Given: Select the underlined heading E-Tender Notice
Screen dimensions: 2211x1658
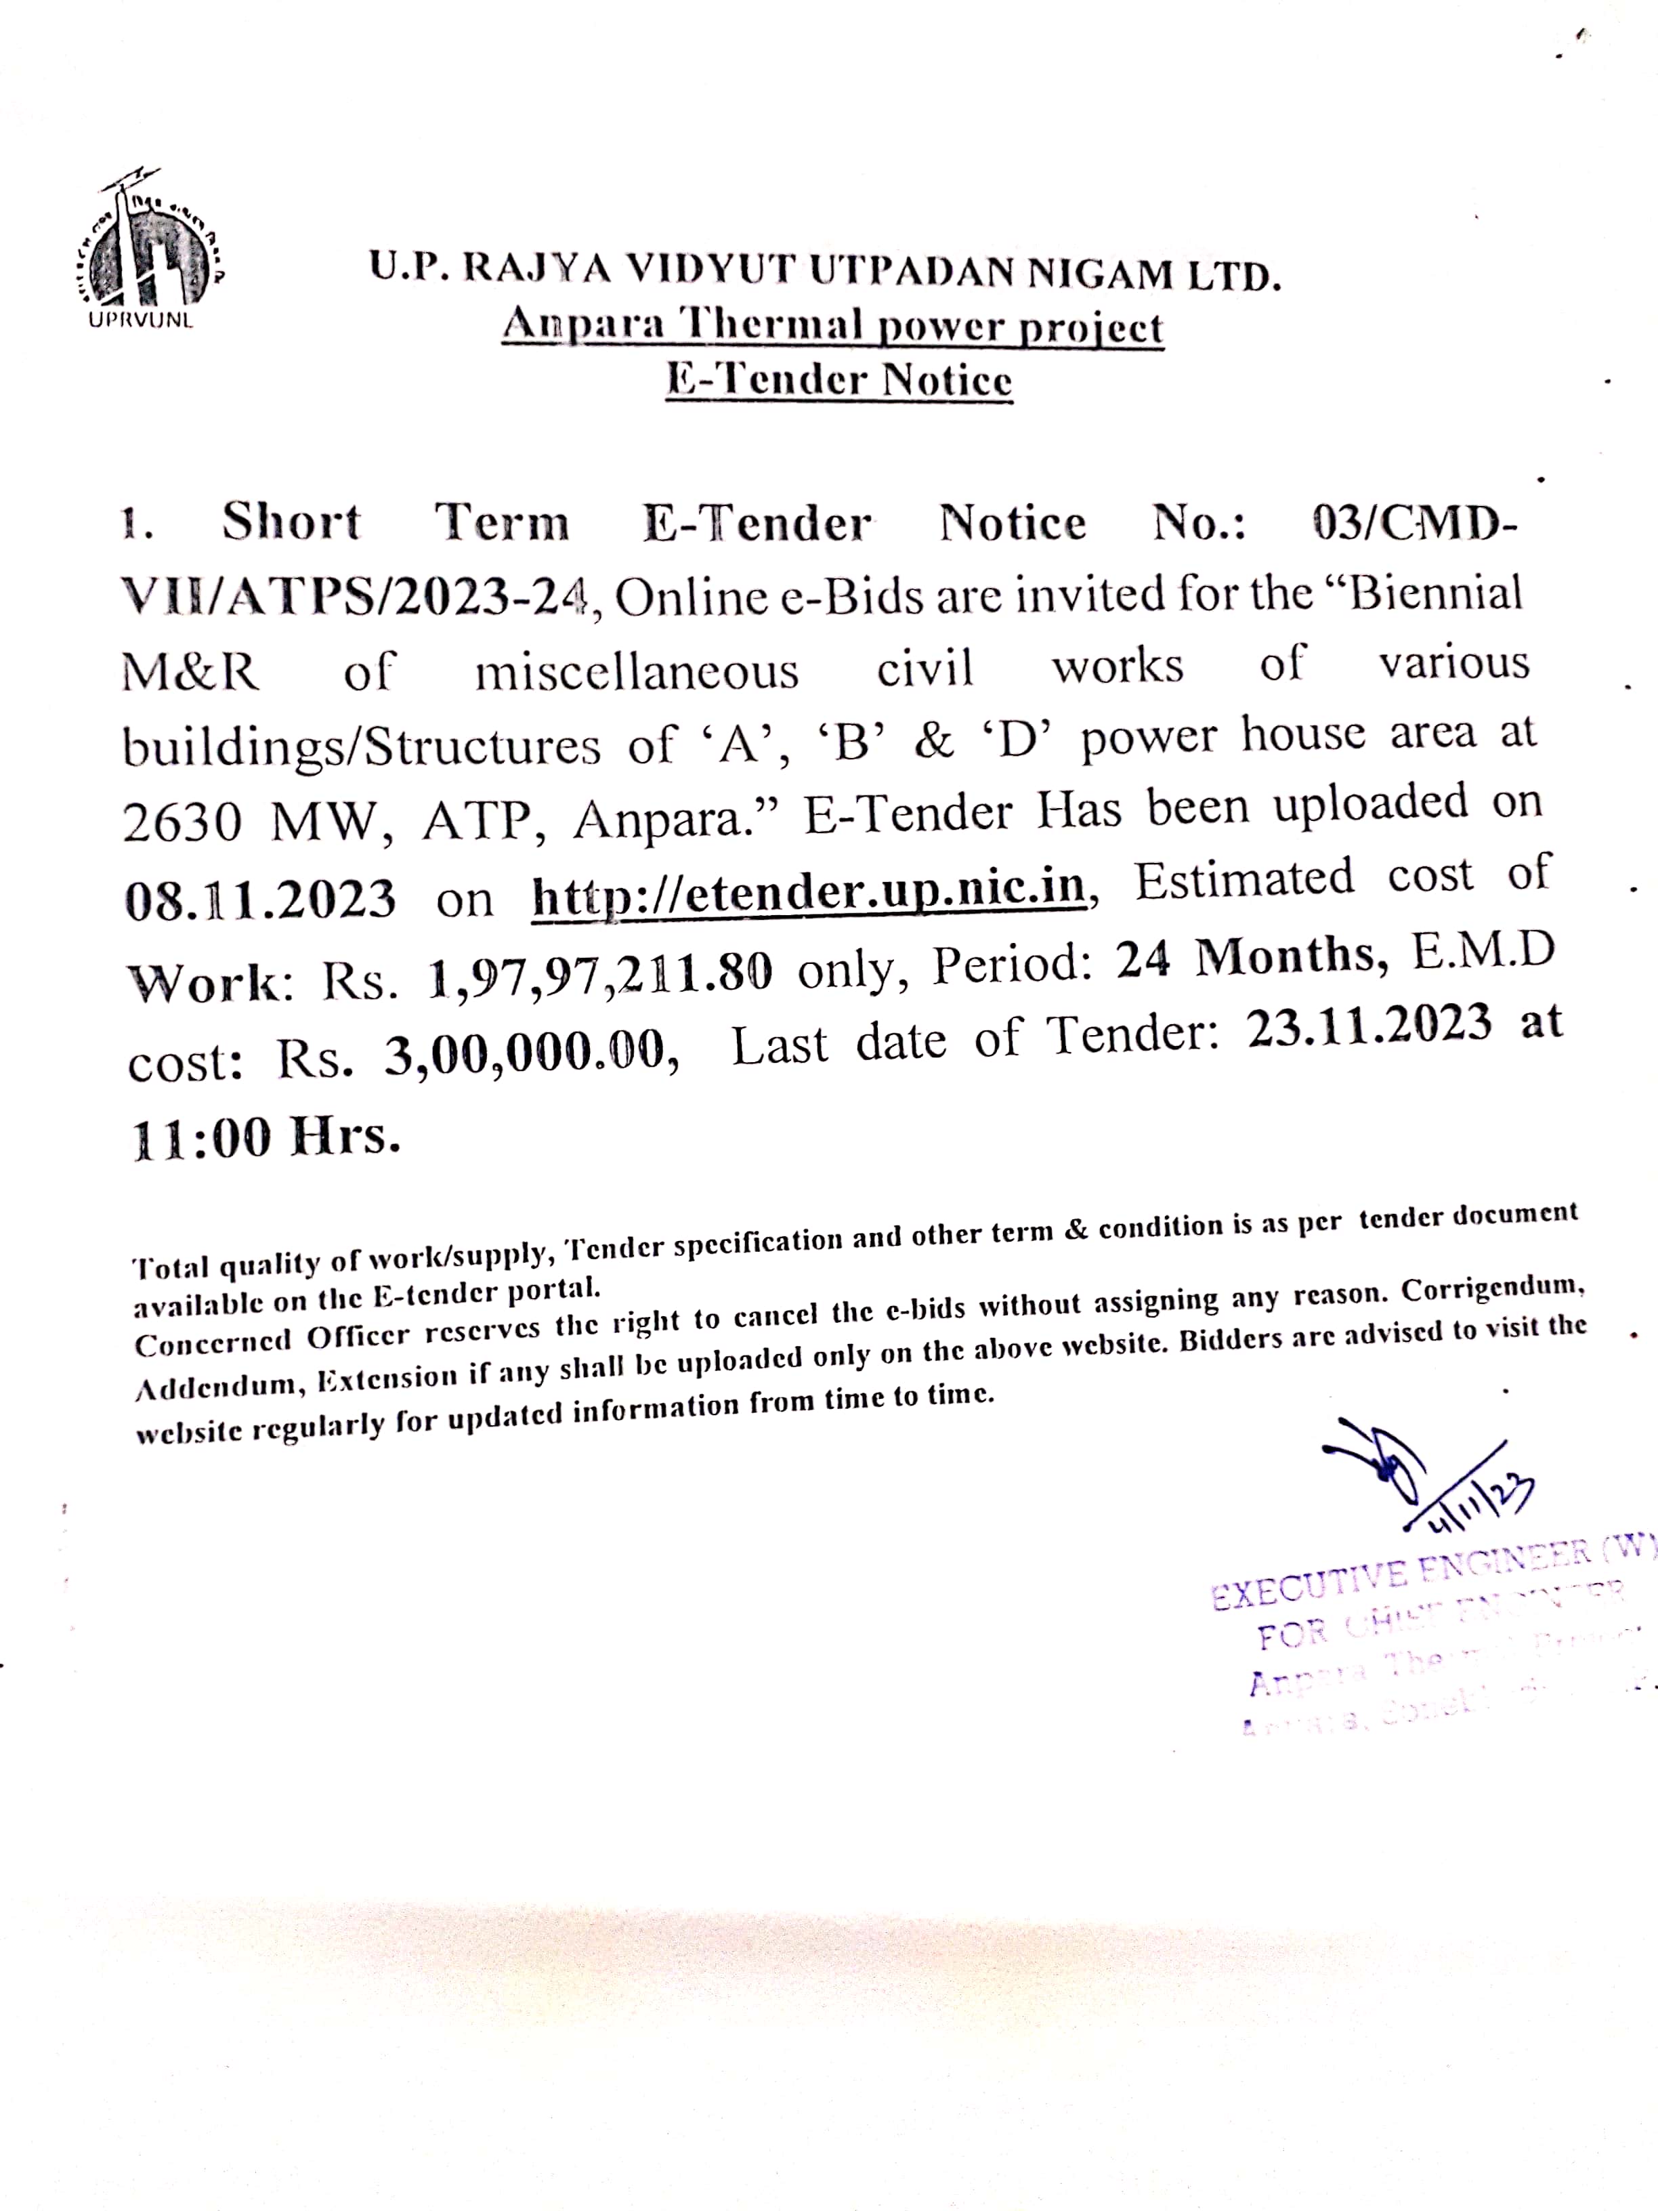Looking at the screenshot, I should [838, 380].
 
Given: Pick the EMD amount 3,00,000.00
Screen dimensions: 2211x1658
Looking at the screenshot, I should [525, 1053].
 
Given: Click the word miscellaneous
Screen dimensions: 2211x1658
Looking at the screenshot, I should [637, 671].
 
